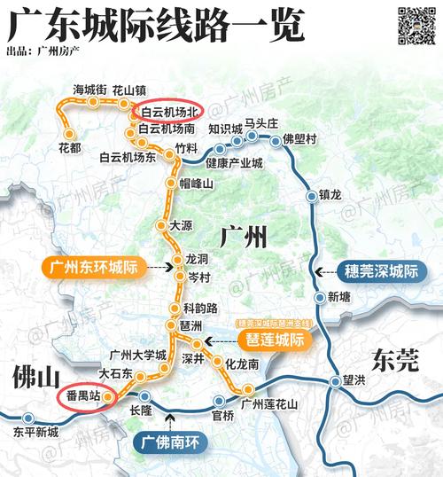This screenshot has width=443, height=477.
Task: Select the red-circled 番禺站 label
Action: (x=84, y=396)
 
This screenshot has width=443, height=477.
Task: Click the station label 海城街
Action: (x=89, y=89)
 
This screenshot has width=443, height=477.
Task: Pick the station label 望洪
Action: (x=356, y=381)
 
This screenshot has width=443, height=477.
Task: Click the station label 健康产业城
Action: (x=234, y=164)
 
